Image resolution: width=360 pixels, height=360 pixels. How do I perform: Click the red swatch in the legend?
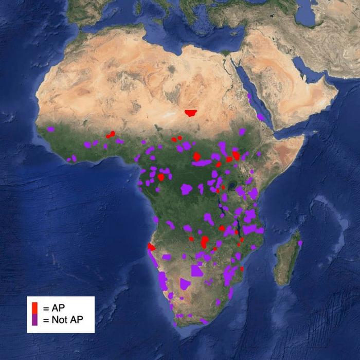click(34, 308)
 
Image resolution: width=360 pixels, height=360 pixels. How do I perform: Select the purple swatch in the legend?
click(34, 319)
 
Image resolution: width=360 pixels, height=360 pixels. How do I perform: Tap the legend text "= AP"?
click(53, 308)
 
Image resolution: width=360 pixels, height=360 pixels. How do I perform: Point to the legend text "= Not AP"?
click(62, 320)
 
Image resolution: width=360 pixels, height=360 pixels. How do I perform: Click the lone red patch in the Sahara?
click(192, 113)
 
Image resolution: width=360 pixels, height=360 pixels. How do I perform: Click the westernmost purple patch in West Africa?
click(50, 129)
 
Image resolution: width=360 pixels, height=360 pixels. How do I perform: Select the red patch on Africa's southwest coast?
click(151, 247)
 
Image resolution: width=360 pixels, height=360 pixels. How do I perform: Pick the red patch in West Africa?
click(110, 135)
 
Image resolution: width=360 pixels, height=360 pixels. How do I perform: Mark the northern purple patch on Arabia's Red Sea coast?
click(249, 96)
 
